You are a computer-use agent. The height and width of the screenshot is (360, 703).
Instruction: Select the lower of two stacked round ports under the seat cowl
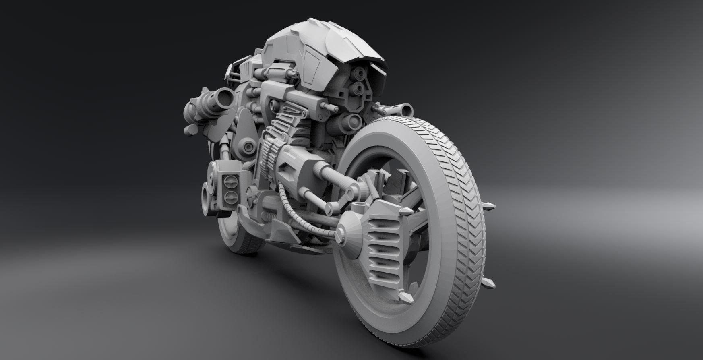357,87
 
